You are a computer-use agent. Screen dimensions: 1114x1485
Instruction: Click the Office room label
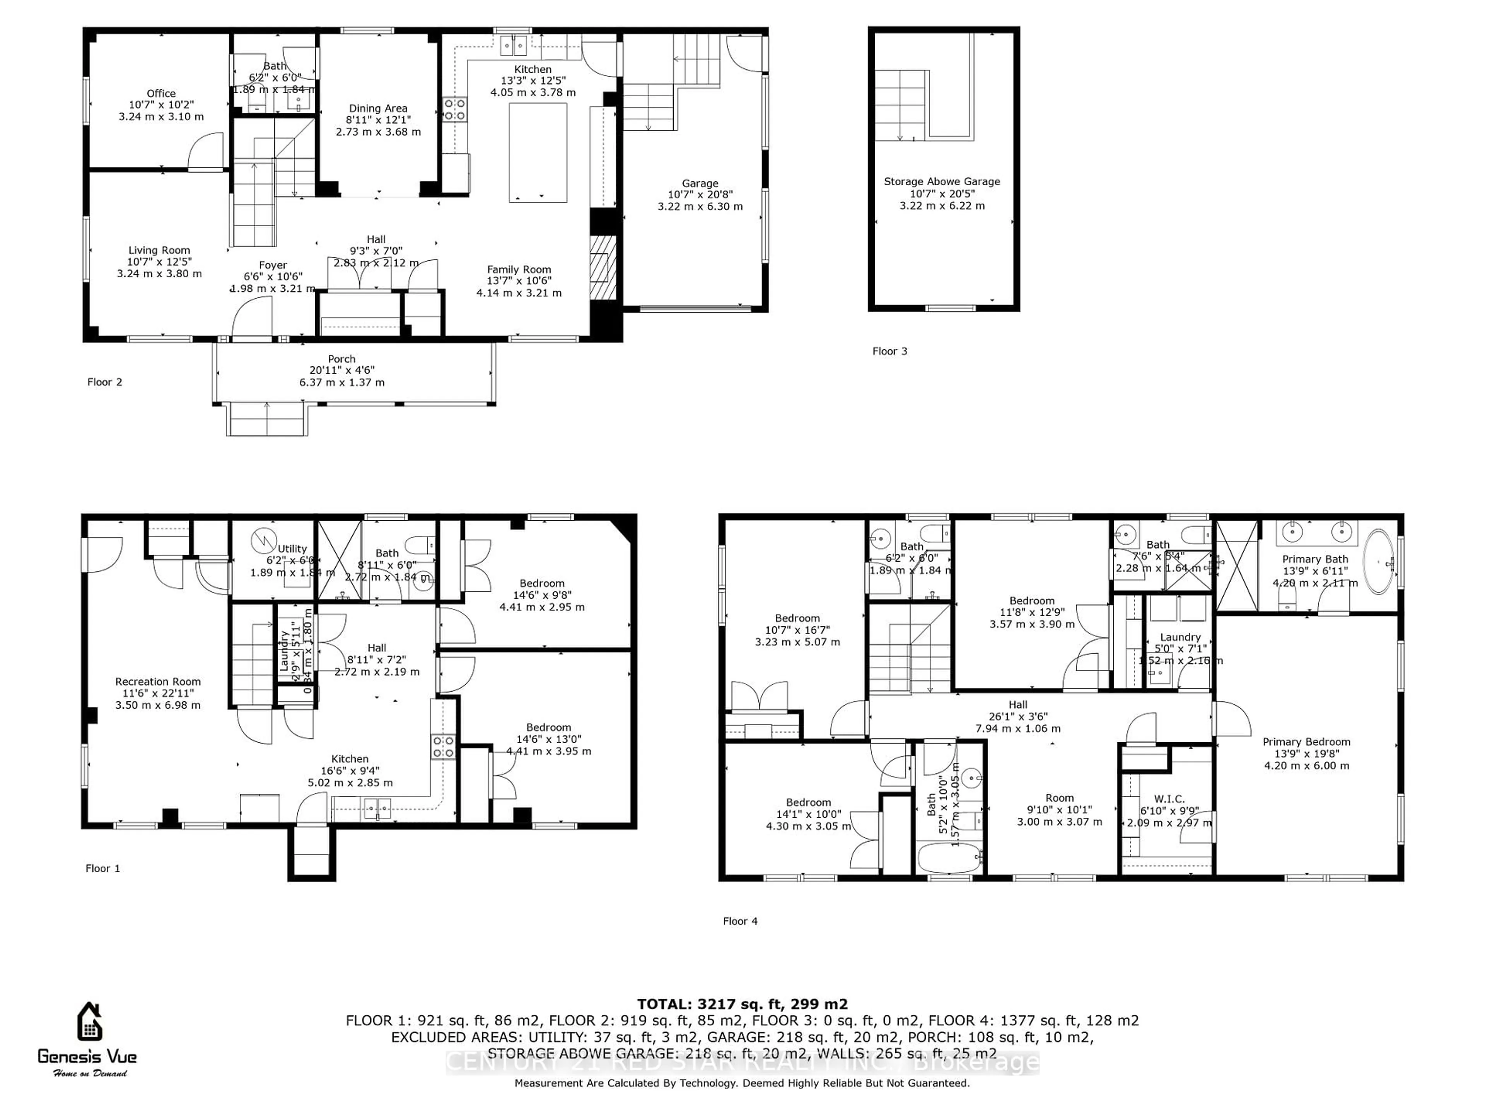tap(161, 93)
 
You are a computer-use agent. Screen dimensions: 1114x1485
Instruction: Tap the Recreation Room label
tap(158, 682)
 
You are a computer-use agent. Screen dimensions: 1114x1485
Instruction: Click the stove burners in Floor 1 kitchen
tap(443, 747)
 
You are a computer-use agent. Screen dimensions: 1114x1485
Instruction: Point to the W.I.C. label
tap(1169, 799)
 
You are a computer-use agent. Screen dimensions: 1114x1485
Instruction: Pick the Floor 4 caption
tap(740, 921)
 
